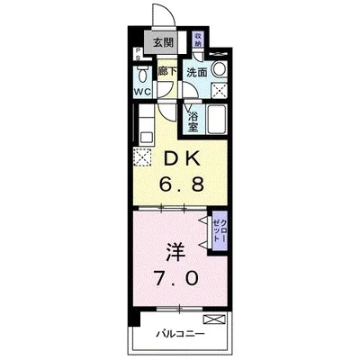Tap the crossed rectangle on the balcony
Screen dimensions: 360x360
point(213,319)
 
